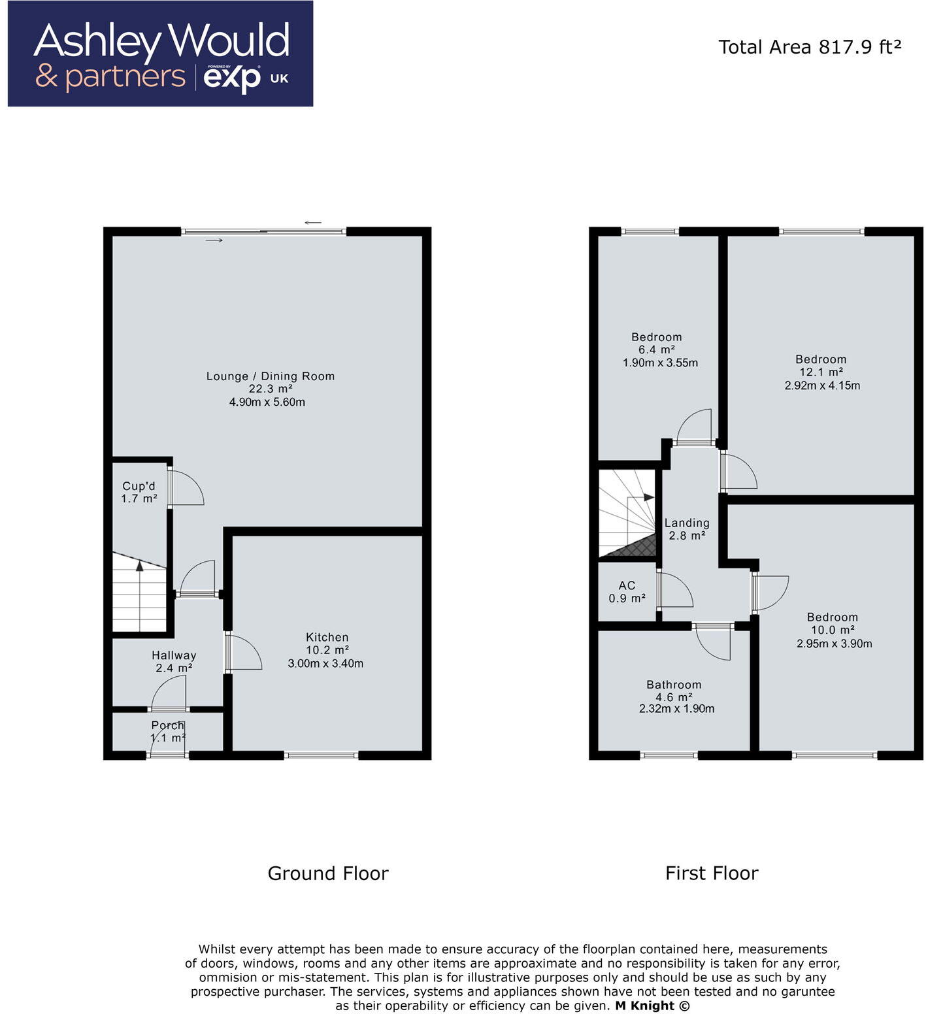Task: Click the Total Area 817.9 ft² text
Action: pos(810,47)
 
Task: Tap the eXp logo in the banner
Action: pos(232,79)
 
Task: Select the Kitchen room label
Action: pos(327,637)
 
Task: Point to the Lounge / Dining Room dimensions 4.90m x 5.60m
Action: pos(267,402)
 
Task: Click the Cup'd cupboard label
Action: pos(139,486)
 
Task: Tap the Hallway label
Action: pos(174,655)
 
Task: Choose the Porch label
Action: pos(167,725)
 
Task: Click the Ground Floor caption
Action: pos(328,874)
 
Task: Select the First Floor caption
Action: pos(712,874)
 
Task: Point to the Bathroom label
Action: pos(674,685)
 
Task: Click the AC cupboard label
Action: pos(627,585)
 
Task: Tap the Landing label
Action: pos(687,523)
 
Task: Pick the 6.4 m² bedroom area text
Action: pos(657,350)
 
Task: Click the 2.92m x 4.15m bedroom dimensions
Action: pos(822,385)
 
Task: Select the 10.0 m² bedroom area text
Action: pos(833,630)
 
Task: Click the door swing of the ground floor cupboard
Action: pos(188,487)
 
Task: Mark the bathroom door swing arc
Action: pos(714,644)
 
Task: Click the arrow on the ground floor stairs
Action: pos(140,566)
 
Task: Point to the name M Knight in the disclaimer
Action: pos(644,1006)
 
